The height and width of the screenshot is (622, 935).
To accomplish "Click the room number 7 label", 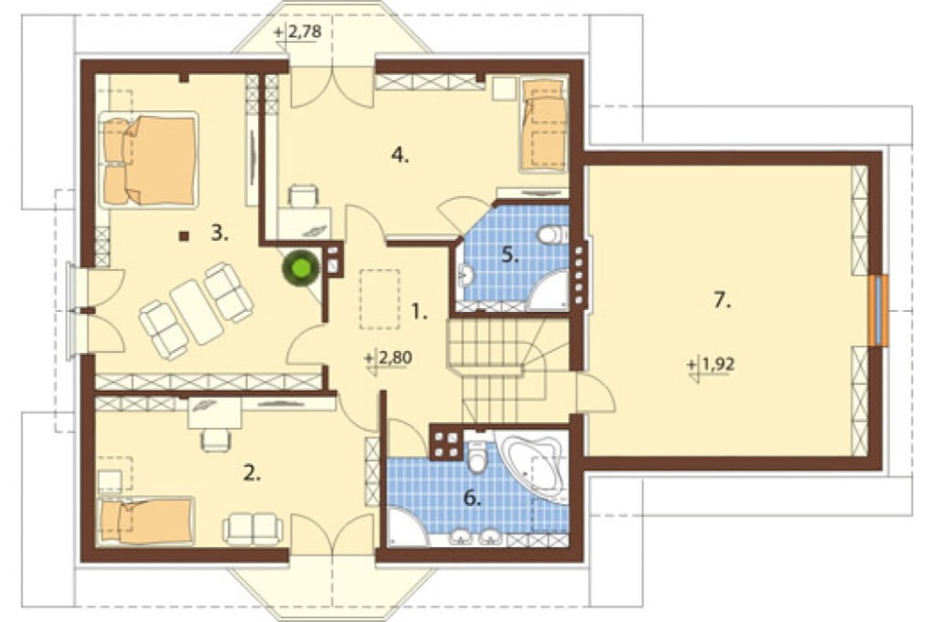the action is (722, 301).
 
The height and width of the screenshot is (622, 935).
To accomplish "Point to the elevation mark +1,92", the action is (712, 364).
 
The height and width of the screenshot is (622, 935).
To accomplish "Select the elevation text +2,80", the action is (388, 359).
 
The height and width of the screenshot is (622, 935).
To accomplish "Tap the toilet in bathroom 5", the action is (552, 234).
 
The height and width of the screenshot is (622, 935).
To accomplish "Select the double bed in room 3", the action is (149, 161).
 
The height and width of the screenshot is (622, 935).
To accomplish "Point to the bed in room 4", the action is (543, 124).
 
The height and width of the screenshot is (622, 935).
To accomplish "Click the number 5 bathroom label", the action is (510, 256).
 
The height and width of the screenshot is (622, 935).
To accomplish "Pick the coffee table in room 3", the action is (196, 311).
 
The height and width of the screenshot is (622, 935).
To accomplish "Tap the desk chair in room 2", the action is (215, 440).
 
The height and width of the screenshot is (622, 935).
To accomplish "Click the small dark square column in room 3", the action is (184, 236).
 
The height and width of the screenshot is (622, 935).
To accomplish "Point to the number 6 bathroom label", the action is (472, 498).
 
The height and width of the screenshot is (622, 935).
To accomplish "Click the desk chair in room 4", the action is (304, 195).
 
